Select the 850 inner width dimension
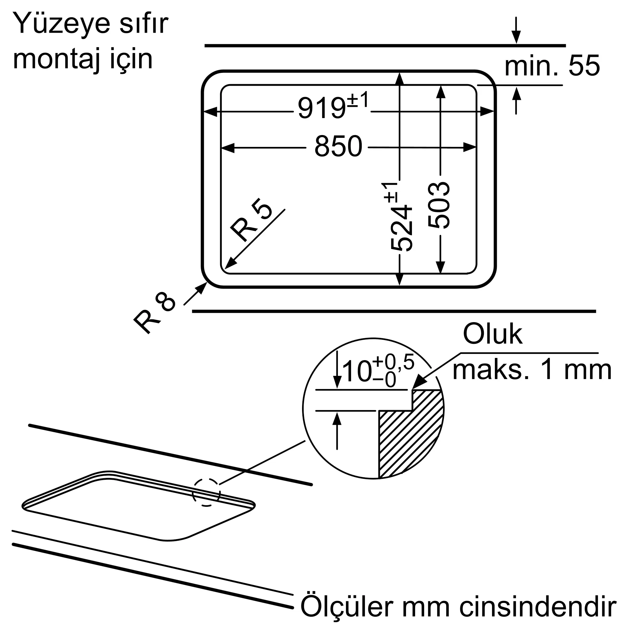338,147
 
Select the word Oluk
492,334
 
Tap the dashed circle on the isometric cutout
206,492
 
